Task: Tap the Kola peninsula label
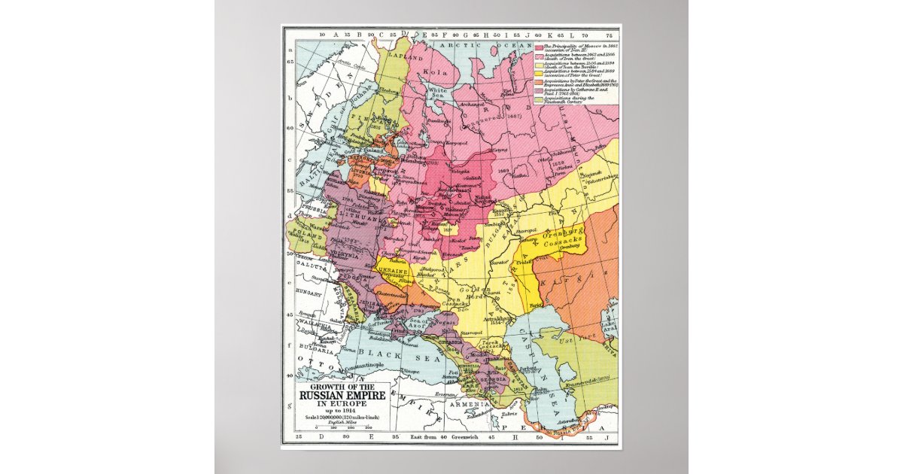click(437, 73)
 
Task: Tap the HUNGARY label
click(304, 290)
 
